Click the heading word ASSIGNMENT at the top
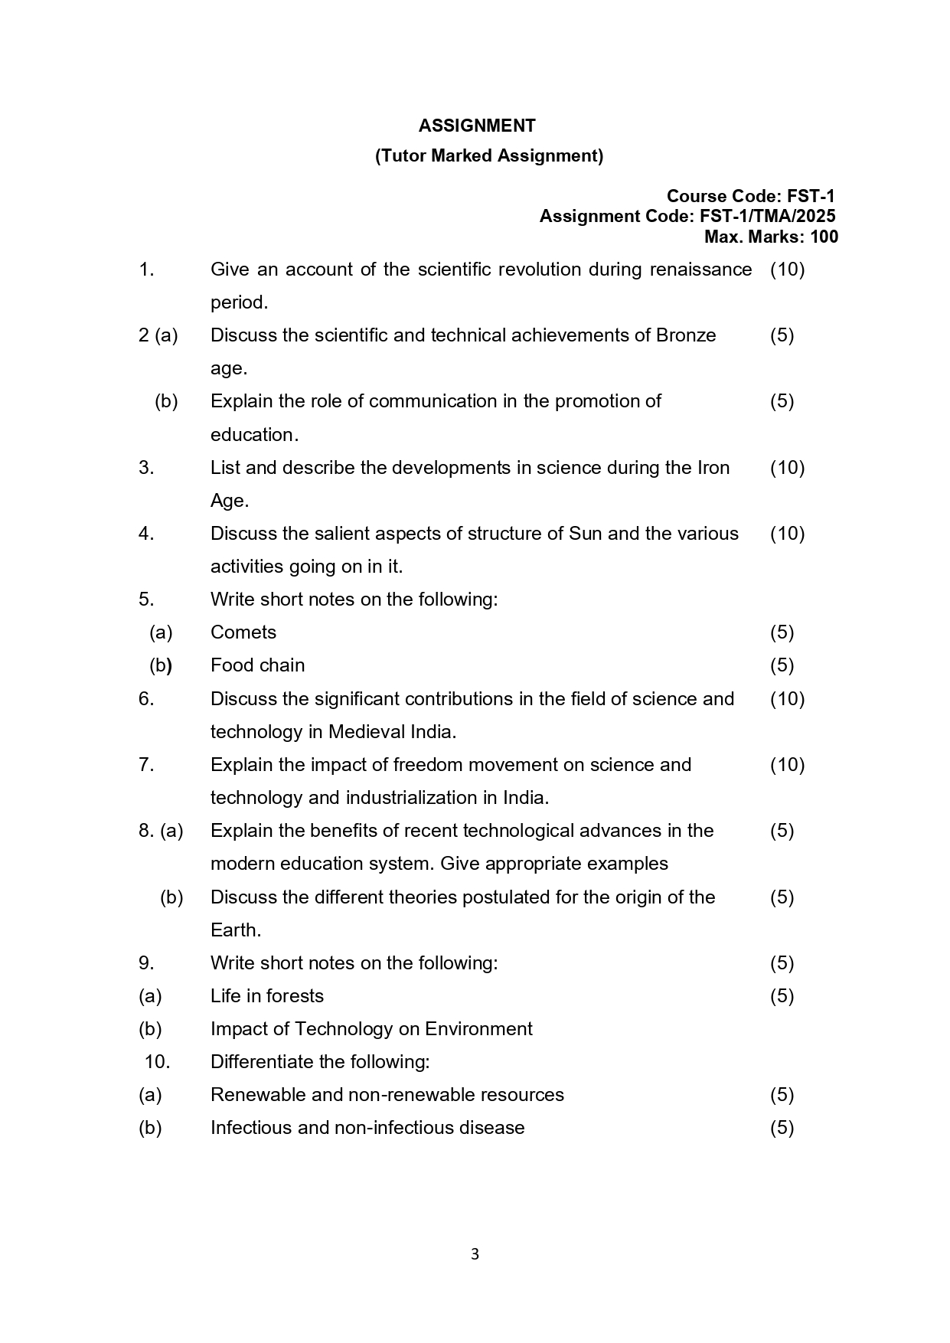[476, 126]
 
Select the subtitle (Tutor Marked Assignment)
[488, 155]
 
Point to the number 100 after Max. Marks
[824, 237]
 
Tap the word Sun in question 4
[585, 534]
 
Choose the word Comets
[243, 632]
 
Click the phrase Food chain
[257, 665]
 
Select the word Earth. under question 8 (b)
[236, 930]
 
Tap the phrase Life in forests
[266, 996]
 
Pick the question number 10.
[156, 1062]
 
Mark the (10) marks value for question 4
[787, 534]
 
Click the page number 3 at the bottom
[475, 1254]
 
